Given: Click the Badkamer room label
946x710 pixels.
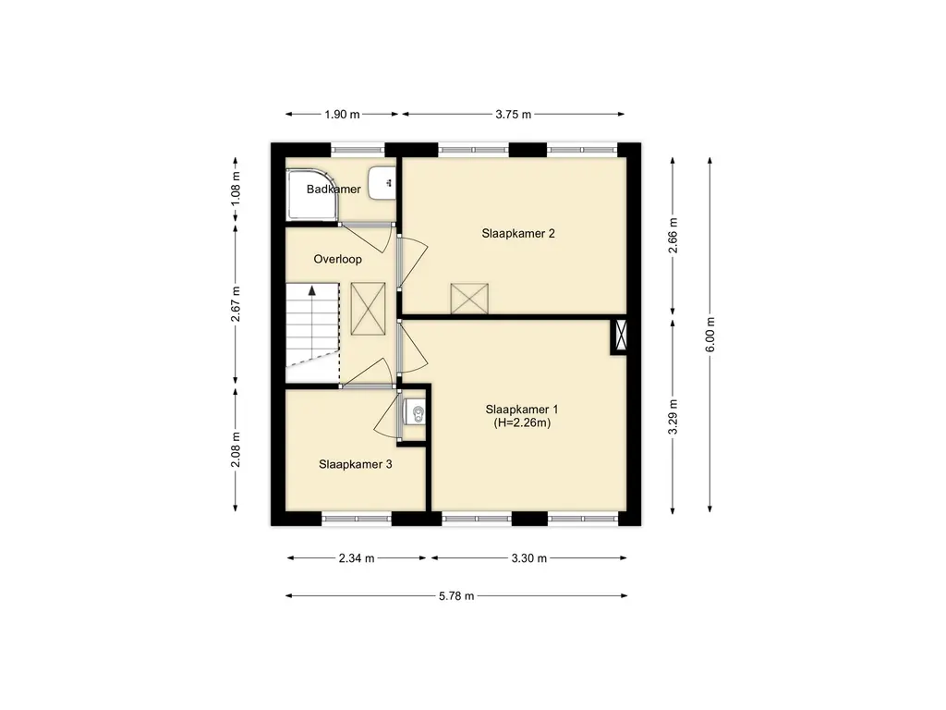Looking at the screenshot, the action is click(x=334, y=189).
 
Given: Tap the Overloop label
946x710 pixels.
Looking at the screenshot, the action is click(x=338, y=259).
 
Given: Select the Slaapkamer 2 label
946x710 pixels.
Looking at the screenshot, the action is click(x=518, y=234).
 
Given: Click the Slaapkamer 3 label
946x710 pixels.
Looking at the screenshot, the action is click(x=356, y=464).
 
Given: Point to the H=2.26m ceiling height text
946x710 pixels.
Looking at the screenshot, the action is click(x=523, y=422).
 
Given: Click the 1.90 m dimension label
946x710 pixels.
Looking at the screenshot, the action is click(x=342, y=114).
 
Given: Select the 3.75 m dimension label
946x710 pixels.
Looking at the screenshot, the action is click(x=514, y=114).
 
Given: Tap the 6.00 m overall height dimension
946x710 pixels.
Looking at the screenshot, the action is click(x=710, y=335).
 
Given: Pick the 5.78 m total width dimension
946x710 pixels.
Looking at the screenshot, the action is click(x=456, y=596).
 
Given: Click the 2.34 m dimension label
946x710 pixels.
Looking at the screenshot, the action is click(x=357, y=558).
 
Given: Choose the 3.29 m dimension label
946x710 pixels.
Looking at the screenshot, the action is click(x=673, y=417).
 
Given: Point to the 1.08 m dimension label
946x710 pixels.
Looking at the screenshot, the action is click(x=236, y=189).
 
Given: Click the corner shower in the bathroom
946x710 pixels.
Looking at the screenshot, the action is click(x=312, y=194).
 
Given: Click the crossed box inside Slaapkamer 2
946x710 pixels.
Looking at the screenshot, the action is click(x=469, y=299).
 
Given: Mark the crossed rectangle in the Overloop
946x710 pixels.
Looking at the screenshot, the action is click(x=368, y=309).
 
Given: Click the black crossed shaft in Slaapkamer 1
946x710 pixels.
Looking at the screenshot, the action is click(x=620, y=337).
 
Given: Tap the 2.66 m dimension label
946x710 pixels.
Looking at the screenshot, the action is click(x=673, y=236).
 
